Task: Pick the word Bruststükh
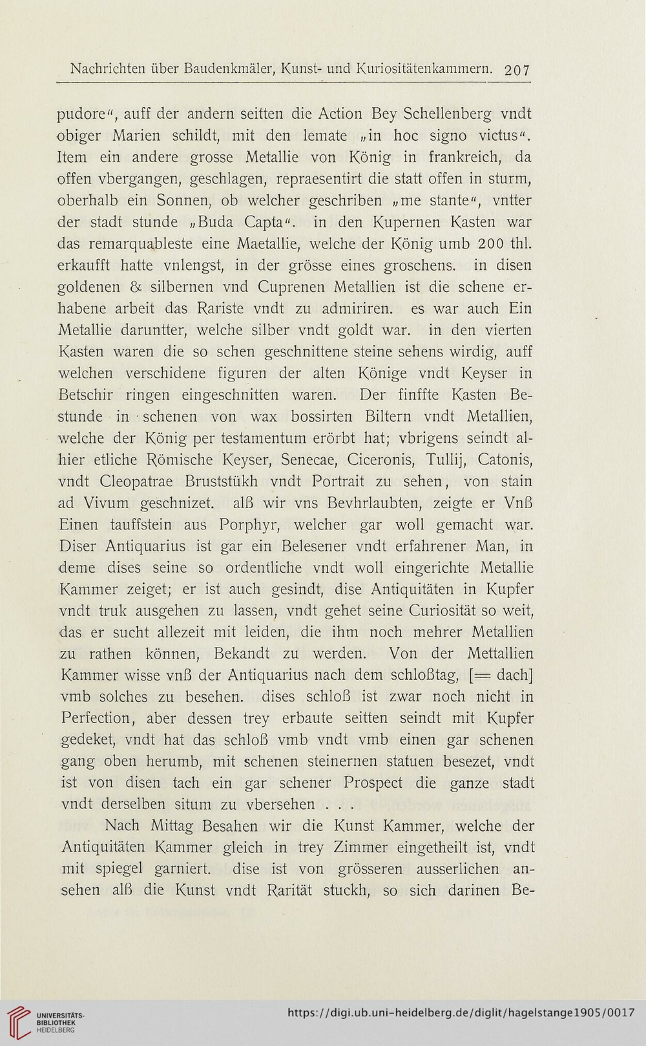pos(214,482)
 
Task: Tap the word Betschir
pos(87,395)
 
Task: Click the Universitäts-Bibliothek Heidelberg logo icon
pos(17,1020)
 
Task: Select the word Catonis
pos(505,460)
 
